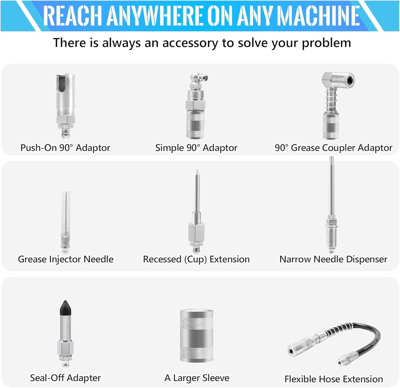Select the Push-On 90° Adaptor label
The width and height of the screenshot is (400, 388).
(65, 148)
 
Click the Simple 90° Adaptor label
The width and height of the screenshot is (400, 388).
(196, 148)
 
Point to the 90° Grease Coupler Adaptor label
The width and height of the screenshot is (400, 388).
(333, 148)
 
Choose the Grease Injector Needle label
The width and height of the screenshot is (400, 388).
(66, 259)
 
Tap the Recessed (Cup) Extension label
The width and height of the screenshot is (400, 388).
(196, 259)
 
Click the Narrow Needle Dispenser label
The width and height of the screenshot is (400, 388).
(333, 259)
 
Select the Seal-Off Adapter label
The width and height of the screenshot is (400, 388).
(65, 378)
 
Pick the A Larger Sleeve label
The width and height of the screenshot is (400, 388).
(197, 378)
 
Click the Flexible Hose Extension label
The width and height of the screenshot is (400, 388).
(333, 379)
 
